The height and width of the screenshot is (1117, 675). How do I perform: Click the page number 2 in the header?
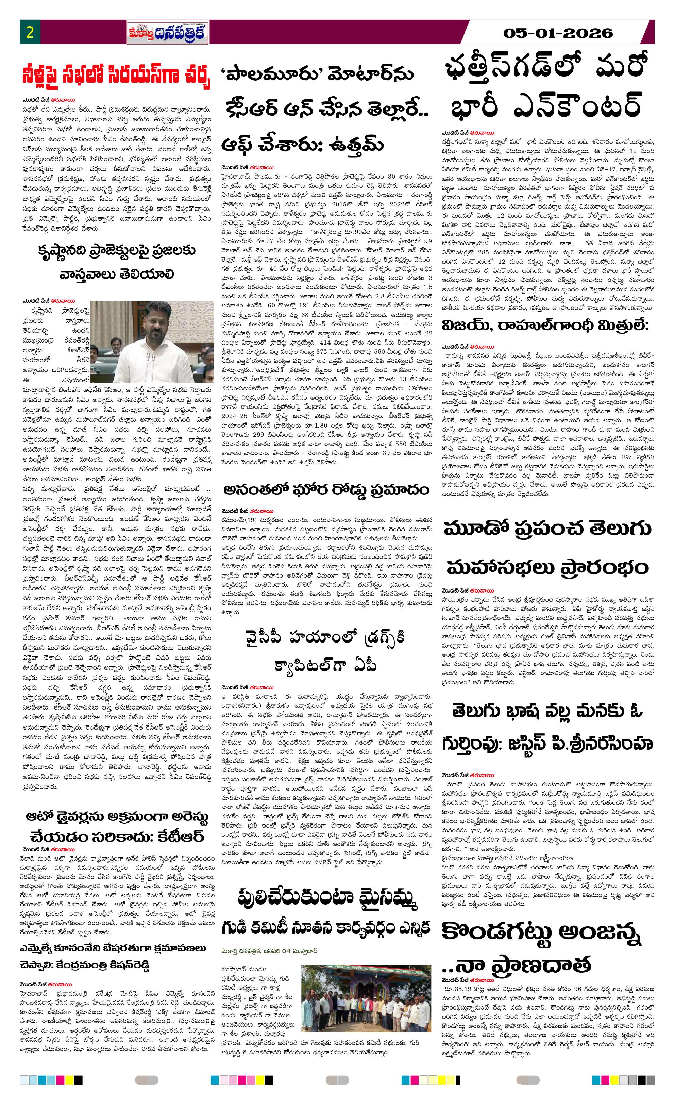click(30, 32)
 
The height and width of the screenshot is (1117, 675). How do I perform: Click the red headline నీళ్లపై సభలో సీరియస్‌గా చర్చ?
click(117, 78)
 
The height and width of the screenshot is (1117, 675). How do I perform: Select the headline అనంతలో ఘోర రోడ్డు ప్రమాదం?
click(326, 490)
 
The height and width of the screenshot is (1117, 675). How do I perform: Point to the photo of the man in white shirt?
click(152, 335)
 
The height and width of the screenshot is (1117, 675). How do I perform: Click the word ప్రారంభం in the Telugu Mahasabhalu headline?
click(602, 567)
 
